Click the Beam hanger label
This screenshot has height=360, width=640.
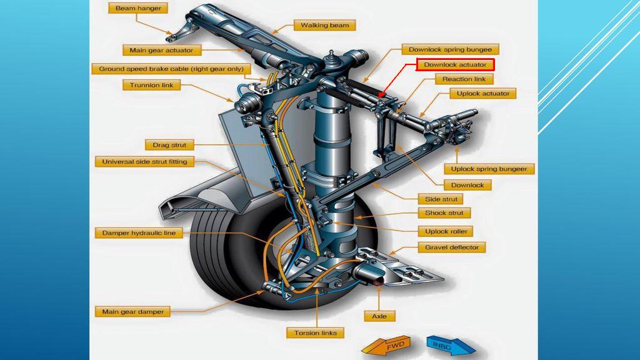tap(138, 8)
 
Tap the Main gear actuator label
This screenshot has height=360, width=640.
tap(161, 50)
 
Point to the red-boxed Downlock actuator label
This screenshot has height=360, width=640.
tap(455, 64)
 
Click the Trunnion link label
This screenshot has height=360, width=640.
tap(152, 85)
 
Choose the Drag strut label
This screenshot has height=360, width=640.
tap(169, 145)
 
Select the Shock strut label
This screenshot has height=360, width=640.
tap(444, 213)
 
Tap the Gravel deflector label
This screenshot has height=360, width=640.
tap(452, 247)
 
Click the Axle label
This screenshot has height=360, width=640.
tap(379, 316)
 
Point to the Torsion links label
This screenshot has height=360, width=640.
tap(316, 333)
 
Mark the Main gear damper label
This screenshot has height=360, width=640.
tap(132, 311)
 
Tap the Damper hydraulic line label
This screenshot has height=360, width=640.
tap(139, 233)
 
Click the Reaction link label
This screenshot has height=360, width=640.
tap(464, 79)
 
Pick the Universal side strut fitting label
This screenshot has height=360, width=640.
tap(144, 162)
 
